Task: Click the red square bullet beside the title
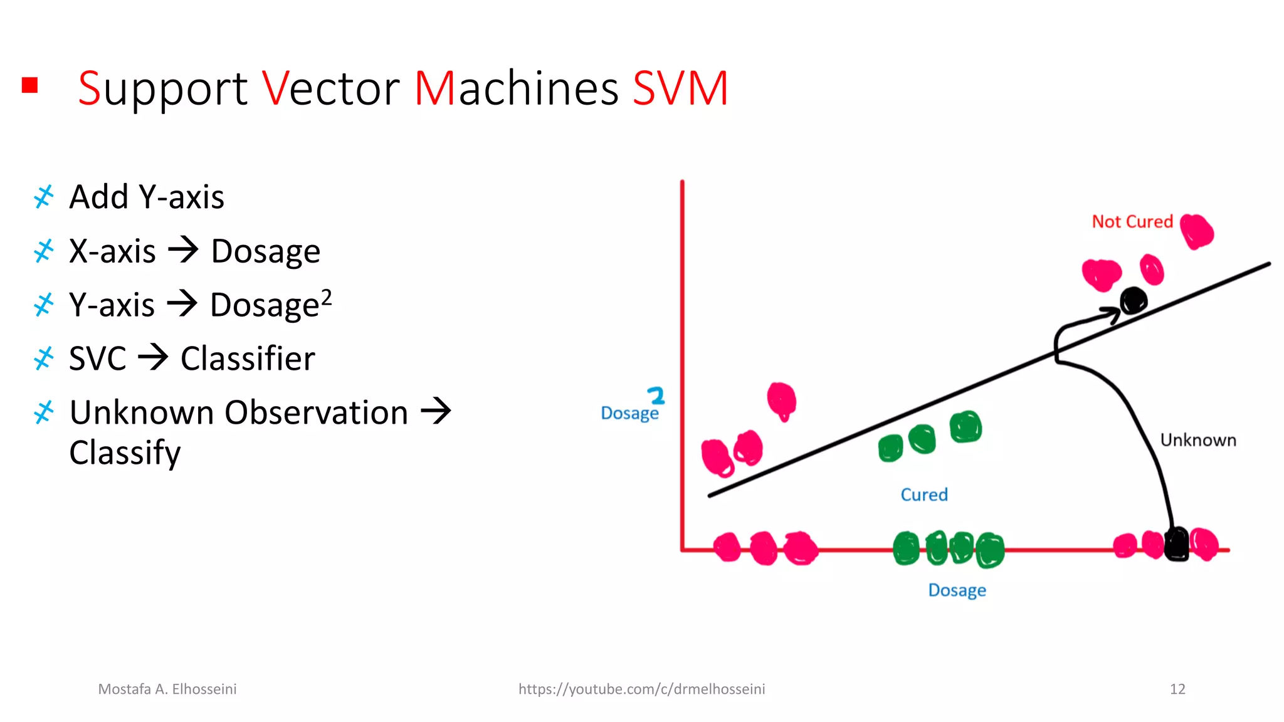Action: pyautogui.click(x=29, y=85)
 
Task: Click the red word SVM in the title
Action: pyautogui.click(x=680, y=88)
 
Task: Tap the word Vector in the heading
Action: pyautogui.click(x=330, y=88)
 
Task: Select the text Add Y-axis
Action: pyautogui.click(x=146, y=197)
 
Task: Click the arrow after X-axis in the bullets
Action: pyautogui.click(x=183, y=250)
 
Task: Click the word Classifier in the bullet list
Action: pyautogui.click(x=248, y=358)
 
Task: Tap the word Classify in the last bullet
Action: pyautogui.click(x=125, y=453)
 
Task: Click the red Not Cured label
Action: pyautogui.click(x=1132, y=221)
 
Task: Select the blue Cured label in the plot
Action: pyautogui.click(x=924, y=494)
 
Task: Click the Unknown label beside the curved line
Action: pyautogui.click(x=1197, y=440)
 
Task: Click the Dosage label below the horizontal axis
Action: pyautogui.click(x=957, y=590)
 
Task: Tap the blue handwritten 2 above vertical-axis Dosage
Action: pyautogui.click(x=656, y=395)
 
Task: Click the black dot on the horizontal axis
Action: pyautogui.click(x=1176, y=543)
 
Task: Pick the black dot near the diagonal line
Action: pyautogui.click(x=1134, y=301)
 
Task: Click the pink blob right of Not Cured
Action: pyautogui.click(x=1197, y=231)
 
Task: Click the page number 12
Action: pyautogui.click(x=1177, y=689)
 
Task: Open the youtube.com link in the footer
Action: pyautogui.click(x=641, y=689)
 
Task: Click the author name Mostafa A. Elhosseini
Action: pyautogui.click(x=167, y=689)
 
